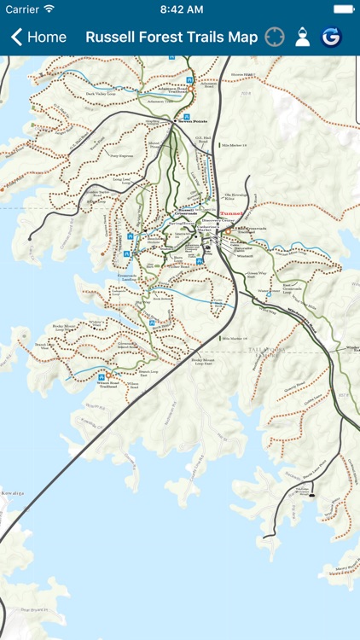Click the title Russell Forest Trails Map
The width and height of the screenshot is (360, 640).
tap(171, 38)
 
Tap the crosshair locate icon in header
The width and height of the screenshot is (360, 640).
tap(274, 38)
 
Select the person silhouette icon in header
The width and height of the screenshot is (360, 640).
tap(302, 38)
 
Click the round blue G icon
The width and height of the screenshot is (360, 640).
tap(330, 38)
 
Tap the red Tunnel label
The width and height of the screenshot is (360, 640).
tap(231, 214)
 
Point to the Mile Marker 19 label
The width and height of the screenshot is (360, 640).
tap(233, 146)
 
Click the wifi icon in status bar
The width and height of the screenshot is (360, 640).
tap(49, 9)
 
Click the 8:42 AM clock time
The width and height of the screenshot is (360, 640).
tap(180, 9)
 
